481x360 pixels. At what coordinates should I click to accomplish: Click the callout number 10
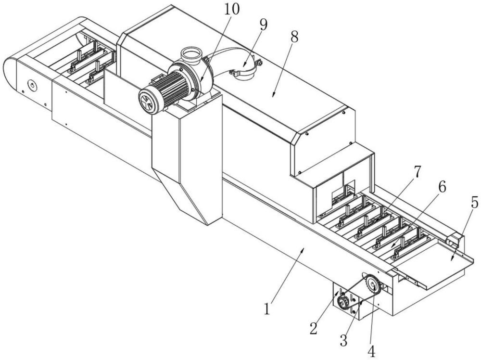tap(232, 10)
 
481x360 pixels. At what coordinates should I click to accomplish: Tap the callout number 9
tap(263, 25)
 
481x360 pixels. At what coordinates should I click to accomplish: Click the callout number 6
tap(442, 186)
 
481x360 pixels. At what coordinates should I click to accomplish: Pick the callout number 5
tap(474, 203)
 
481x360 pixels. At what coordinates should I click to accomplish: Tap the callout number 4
tap(371, 351)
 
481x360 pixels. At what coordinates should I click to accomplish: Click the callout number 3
tap(343, 340)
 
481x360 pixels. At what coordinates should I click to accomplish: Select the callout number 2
tap(313, 328)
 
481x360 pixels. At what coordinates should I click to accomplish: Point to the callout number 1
tap(267, 309)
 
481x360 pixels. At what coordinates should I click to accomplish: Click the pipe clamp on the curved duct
tap(245, 71)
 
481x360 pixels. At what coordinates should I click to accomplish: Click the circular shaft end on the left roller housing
tap(31, 85)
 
